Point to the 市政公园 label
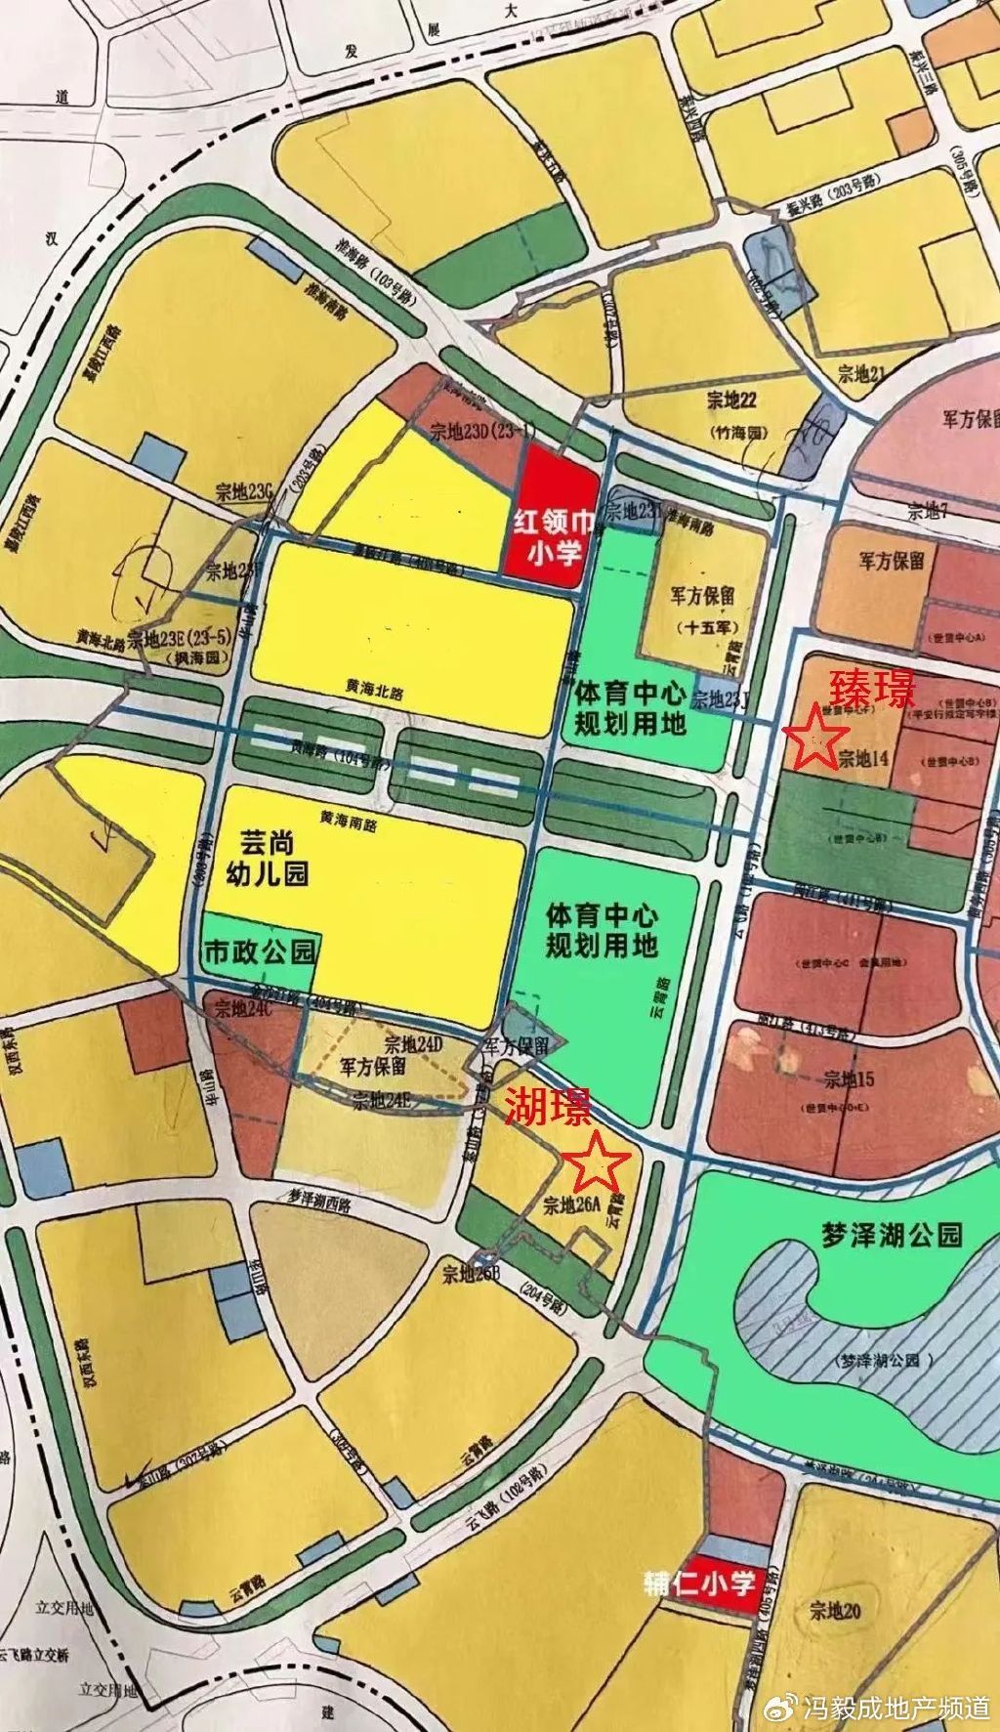[260, 950]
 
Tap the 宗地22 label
[730, 400]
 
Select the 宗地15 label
[849, 1079]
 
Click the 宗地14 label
[861, 758]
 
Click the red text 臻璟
[871, 690]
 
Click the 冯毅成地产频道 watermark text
[896, 1707]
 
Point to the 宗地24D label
[413, 1043]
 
